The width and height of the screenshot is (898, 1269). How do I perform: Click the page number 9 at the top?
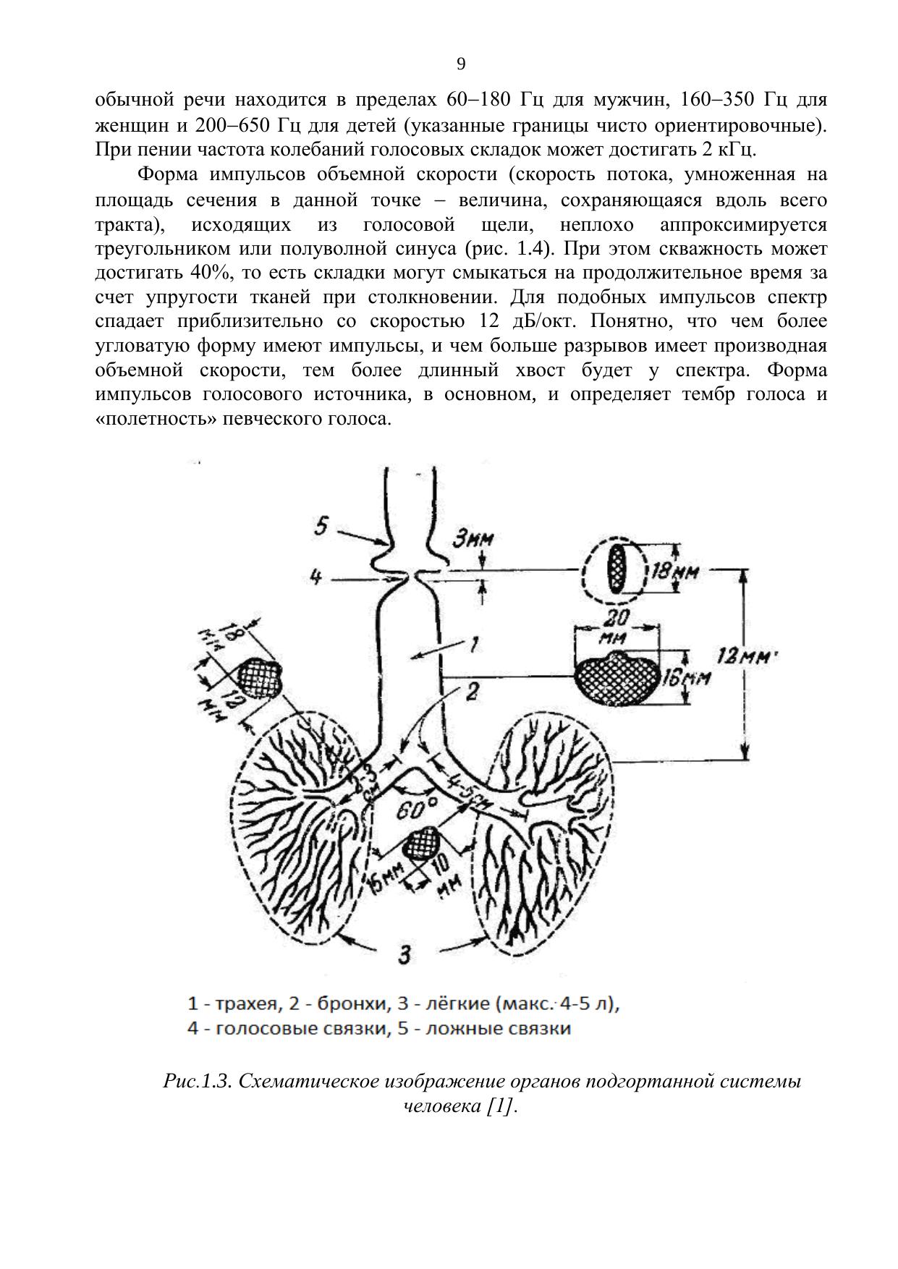pos(462,64)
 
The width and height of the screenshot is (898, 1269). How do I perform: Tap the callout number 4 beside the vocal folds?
pos(315,577)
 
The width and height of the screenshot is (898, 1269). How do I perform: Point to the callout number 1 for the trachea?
pos(473,644)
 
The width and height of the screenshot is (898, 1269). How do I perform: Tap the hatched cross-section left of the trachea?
pos(259,676)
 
